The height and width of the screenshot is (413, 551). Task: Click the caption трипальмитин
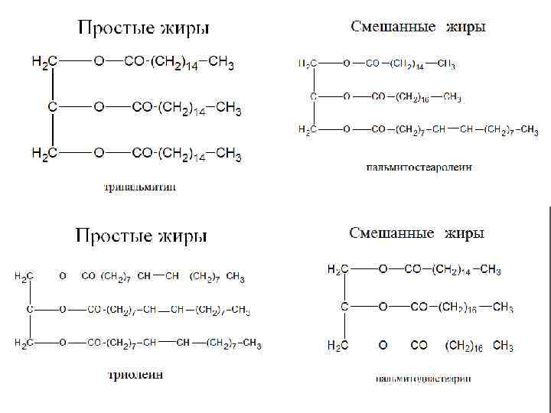pos(141,187)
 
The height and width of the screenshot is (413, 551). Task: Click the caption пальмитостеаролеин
pos(418,167)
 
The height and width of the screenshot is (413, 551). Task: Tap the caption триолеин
pos(134,375)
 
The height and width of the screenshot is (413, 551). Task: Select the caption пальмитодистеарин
pos(423,378)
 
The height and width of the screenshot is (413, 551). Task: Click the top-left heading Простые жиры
pos(143,29)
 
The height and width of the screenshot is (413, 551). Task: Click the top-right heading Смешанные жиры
pos(418,28)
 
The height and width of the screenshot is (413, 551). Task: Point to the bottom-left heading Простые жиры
pos(142,236)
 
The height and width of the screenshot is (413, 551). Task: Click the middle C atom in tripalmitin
pos(52,108)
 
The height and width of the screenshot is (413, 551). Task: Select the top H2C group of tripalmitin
pos(43,63)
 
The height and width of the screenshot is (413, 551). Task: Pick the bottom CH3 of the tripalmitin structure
pos(229,154)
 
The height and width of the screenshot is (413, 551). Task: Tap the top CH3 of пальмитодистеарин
pos(491,269)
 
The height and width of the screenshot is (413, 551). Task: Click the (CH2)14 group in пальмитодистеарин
pos(455,269)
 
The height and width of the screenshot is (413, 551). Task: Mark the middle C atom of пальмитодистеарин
pos(344,307)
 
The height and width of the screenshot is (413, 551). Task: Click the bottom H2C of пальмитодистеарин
pos(338,346)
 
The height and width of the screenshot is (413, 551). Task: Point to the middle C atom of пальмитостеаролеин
pos(314,97)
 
